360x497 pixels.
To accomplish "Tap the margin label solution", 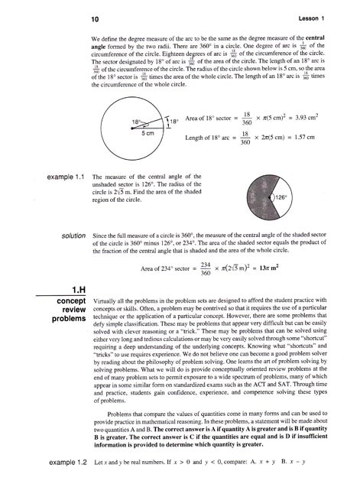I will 68,237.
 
